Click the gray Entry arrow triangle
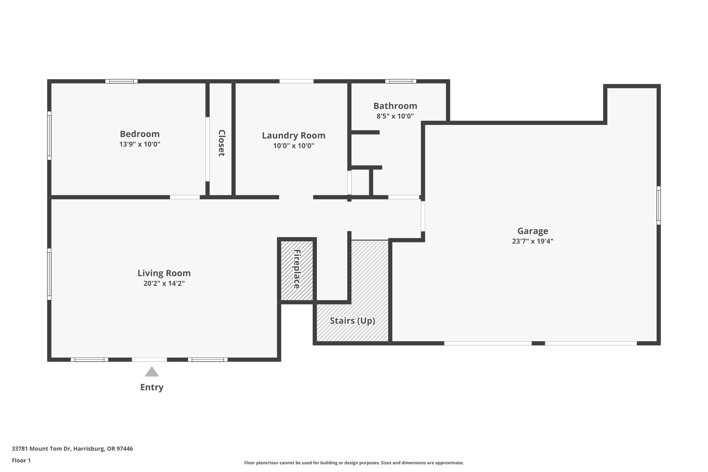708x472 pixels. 152,372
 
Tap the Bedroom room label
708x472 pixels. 140,134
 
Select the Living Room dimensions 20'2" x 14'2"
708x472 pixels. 164,284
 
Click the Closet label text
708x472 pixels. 222,143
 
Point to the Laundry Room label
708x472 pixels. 294,136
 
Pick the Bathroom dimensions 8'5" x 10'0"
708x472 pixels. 395,116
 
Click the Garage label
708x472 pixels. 533,231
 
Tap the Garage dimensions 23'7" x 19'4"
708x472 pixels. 533,241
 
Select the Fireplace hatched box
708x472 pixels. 297,270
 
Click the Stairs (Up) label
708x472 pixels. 353,321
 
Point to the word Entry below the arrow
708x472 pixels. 152,387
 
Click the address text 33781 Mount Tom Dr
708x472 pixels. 41,449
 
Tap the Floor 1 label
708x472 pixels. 21,461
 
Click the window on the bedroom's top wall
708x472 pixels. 121,81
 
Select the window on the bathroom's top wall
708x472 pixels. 401,81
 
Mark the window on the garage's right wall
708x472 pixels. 659,205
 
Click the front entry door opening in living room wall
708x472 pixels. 149,360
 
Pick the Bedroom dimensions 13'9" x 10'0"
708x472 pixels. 140,144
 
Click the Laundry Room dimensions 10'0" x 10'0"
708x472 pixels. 294,146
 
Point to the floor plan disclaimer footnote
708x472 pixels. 354,463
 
